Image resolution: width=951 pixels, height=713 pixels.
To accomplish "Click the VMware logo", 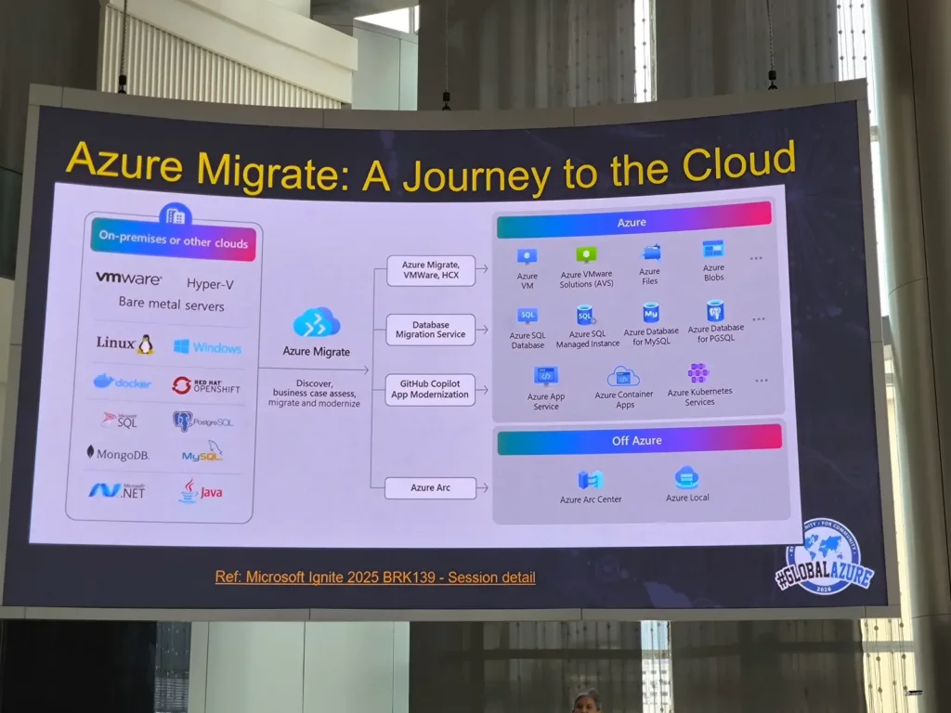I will coord(128,279).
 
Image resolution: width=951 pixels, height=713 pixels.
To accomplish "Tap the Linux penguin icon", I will coord(145,344).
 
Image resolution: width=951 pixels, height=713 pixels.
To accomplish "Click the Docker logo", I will coord(122,382).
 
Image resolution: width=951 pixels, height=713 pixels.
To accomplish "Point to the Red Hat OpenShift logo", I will coord(205,385).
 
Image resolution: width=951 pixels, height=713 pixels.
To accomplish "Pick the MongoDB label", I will coord(118,454).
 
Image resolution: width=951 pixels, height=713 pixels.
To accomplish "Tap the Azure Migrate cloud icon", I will coord(317,324).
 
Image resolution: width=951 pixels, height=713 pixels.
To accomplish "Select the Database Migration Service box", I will coord(430,330).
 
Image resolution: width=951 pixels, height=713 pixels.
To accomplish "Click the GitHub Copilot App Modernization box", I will coord(430,390).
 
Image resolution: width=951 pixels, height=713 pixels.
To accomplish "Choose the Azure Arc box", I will coord(430,487).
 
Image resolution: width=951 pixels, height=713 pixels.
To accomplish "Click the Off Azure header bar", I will coord(639,440).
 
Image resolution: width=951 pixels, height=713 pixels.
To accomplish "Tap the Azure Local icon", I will coord(687,478).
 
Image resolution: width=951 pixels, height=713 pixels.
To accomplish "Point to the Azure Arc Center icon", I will coord(591,480).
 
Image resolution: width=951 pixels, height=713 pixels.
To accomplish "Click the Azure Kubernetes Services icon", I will coord(698,373).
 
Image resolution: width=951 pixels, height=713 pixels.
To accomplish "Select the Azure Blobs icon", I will coord(713,249).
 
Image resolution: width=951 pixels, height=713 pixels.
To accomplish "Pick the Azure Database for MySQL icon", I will coord(650,314).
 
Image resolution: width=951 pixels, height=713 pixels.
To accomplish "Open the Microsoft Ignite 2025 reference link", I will coord(375,577).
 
